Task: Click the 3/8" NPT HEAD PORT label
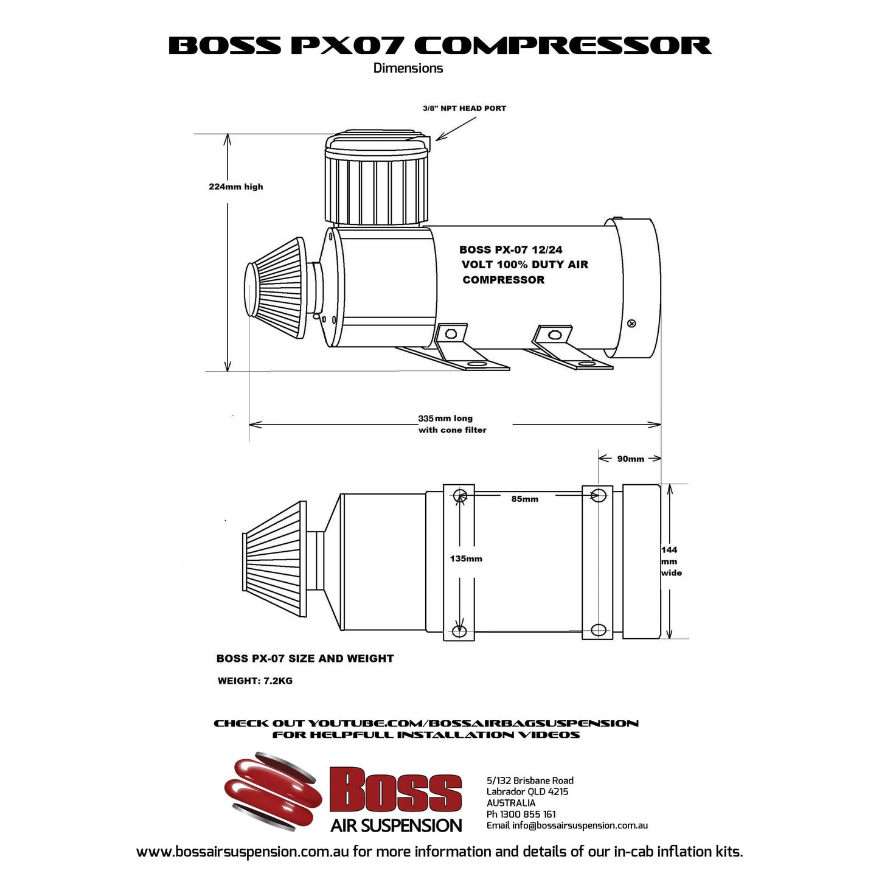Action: pyautogui.click(x=464, y=108)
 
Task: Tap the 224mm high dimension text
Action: pyautogui.click(x=236, y=187)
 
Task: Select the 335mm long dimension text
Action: pyautogui.click(x=445, y=419)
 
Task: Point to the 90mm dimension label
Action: pyautogui.click(x=630, y=459)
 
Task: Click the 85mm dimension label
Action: pyautogui.click(x=524, y=499)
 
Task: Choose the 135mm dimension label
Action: pyautogui.click(x=466, y=558)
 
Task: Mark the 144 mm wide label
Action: pyautogui.click(x=670, y=561)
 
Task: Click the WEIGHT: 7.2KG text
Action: pyautogui.click(x=255, y=681)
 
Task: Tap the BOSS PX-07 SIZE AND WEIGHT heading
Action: pyautogui.click(x=305, y=658)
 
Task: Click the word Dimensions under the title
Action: pyautogui.click(x=408, y=68)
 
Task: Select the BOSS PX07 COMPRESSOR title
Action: pyautogui.click(x=439, y=46)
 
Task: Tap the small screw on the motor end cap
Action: pyautogui.click(x=631, y=324)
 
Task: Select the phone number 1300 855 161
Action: pyautogui.click(x=527, y=814)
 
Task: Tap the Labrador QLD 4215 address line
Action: pyautogui.click(x=527, y=791)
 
